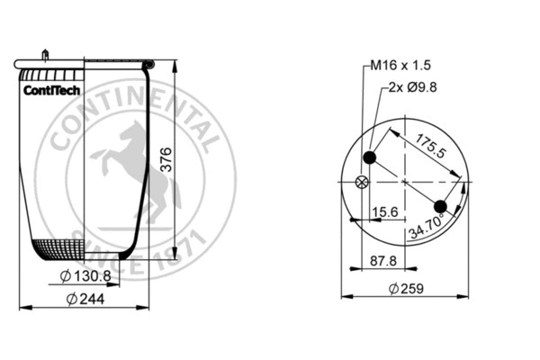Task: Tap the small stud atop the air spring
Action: click(x=43, y=55)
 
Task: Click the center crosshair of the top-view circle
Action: click(x=406, y=183)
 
